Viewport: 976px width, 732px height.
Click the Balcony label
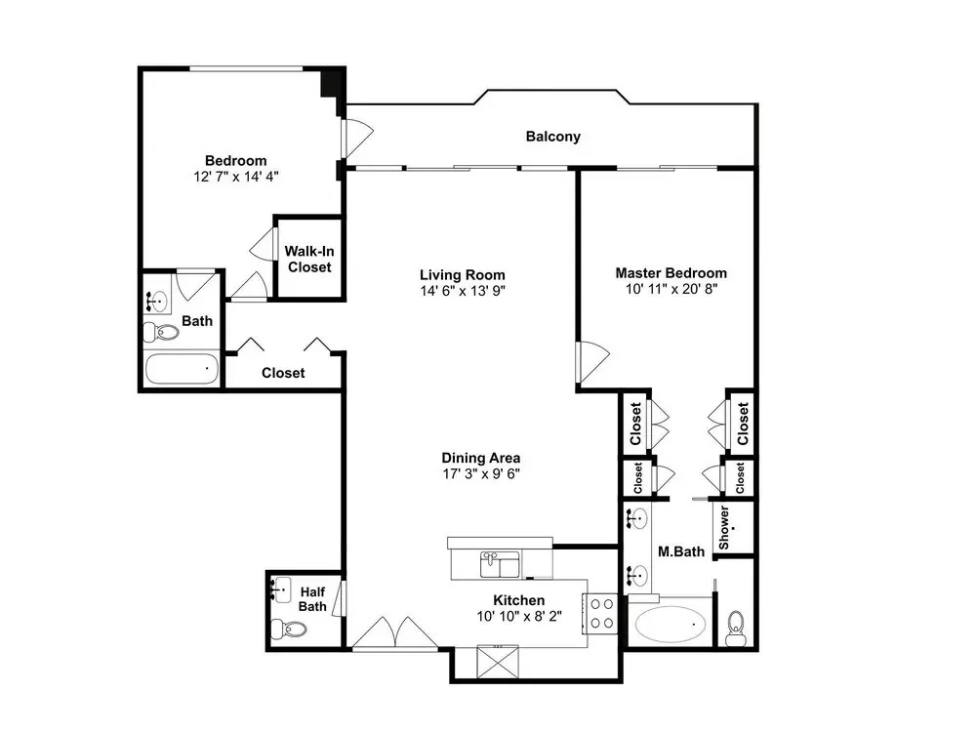tap(552, 137)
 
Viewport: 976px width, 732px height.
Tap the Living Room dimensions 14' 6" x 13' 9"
tap(463, 291)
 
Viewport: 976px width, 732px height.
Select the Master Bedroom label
tap(671, 272)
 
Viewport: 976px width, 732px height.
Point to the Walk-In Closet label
tap(309, 259)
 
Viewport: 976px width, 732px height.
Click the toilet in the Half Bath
tap(289, 629)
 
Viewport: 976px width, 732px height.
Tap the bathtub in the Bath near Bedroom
tap(182, 369)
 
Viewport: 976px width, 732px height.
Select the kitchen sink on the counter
tap(500, 564)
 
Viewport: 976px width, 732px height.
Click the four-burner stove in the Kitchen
tap(600, 613)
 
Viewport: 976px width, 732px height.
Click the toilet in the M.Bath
tap(736, 629)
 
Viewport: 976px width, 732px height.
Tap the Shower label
tap(724, 527)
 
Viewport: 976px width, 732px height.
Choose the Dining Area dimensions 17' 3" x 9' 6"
tap(481, 473)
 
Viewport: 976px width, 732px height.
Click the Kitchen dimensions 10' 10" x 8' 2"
tap(519, 616)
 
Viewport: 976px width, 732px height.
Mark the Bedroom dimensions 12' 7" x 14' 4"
tap(236, 176)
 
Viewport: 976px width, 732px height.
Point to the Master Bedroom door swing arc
tap(594, 362)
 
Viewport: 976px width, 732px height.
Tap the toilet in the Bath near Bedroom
tap(161, 333)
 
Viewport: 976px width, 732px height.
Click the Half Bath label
tap(312, 599)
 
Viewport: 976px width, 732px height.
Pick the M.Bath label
tap(681, 551)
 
